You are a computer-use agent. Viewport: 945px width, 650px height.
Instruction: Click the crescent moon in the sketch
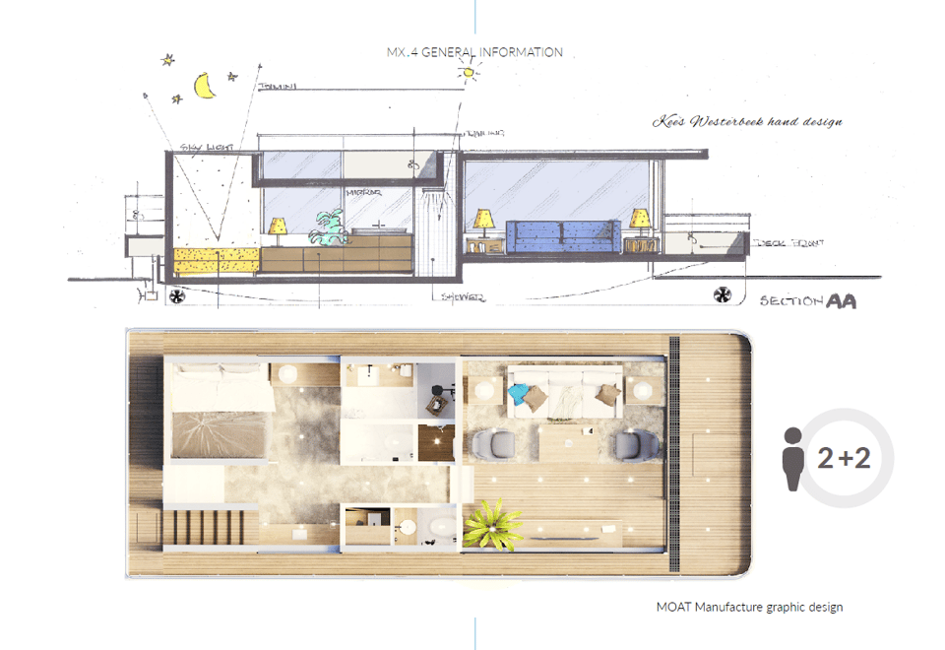click(206, 88)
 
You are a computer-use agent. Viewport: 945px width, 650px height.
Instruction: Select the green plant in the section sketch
click(326, 229)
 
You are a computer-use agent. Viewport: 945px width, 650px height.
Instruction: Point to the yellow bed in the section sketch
click(216, 261)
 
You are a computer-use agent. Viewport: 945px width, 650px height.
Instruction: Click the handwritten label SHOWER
click(462, 296)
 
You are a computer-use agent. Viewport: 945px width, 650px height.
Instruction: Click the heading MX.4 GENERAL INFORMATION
click(475, 52)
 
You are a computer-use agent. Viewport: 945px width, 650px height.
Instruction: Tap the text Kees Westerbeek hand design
click(748, 122)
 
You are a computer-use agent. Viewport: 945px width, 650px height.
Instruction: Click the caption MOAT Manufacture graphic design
click(749, 607)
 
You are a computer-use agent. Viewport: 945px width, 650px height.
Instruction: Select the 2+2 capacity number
click(845, 458)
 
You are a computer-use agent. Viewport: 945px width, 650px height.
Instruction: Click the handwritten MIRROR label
click(355, 193)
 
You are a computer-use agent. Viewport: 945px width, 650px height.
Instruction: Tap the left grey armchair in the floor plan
click(489, 446)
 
